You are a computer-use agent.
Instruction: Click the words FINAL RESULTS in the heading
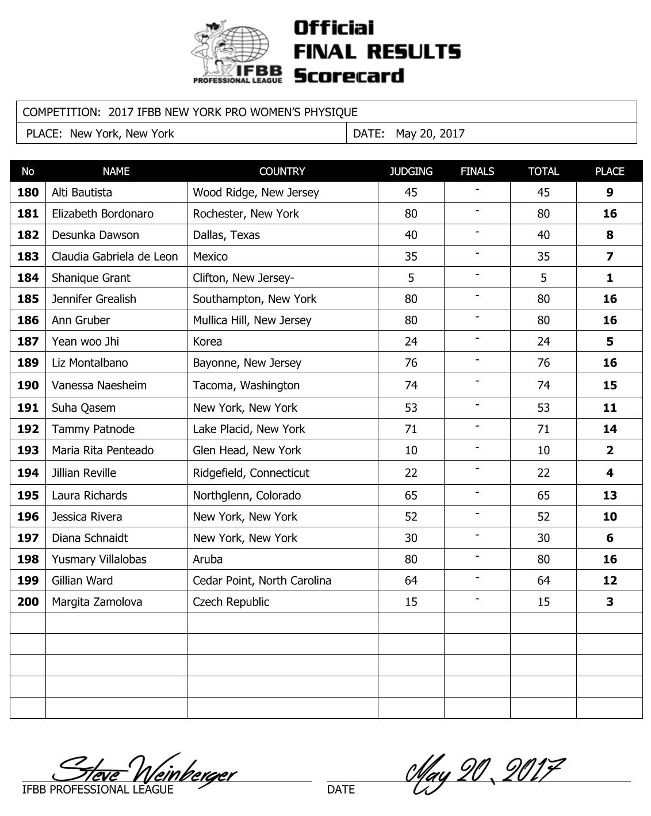click(x=377, y=52)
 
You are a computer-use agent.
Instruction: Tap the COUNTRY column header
click(x=282, y=171)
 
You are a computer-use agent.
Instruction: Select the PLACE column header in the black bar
click(x=609, y=171)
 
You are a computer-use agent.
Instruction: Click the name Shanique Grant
click(x=91, y=278)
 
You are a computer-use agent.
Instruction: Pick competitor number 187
click(x=28, y=342)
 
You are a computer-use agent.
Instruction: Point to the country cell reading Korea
click(x=208, y=342)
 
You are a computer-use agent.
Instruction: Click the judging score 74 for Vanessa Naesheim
click(x=411, y=385)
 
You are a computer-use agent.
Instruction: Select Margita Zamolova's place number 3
click(x=610, y=602)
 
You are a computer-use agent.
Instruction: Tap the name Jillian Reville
click(x=84, y=473)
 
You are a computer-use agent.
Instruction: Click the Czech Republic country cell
click(x=231, y=602)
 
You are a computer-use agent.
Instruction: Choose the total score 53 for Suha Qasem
click(x=543, y=408)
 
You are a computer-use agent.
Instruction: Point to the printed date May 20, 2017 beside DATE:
click(x=430, y=134)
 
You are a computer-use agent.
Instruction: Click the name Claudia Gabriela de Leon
click(x=114, y=256)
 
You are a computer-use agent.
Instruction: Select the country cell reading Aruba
click(x=208, y=560)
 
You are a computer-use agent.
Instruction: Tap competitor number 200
click(x=28, y=602)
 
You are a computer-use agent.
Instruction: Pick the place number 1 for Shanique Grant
click(x=610, y=278)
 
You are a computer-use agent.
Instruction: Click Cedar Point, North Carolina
click(x=262, y=581)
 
